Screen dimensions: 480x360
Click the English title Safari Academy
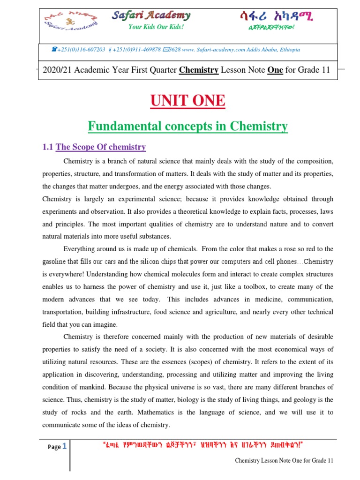point(151,15)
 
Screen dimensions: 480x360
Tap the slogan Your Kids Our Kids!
point(150,27)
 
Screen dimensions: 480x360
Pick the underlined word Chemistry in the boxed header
point(199,70)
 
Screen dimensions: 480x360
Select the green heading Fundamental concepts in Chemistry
point(187,126)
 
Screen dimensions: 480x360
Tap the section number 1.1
point(48,147)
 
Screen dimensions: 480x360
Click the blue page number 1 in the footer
point(65,446)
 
